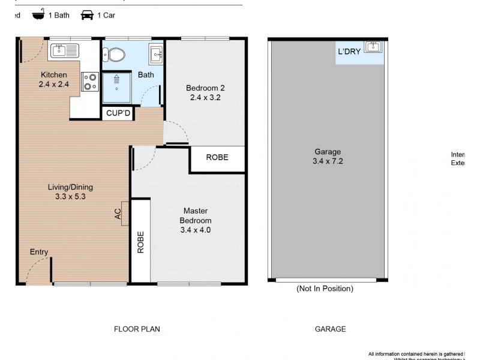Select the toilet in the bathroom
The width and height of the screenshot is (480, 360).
(x=115, y=55)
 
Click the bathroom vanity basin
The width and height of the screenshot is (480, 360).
(x=156, y=55)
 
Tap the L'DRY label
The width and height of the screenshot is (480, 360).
(x=349, y=52)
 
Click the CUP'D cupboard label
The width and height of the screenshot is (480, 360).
(x=118, y=113)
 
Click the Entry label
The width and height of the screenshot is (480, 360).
(x=39, y=252)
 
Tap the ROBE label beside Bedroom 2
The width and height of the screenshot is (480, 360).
(x=217, y=158)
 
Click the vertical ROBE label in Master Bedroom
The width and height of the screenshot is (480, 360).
(x=140, y=242)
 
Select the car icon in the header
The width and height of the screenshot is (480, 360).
(x=88, y=15)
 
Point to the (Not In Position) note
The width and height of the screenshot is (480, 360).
(x=325, y=289)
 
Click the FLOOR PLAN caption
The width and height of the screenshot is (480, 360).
(x=137, y=329)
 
